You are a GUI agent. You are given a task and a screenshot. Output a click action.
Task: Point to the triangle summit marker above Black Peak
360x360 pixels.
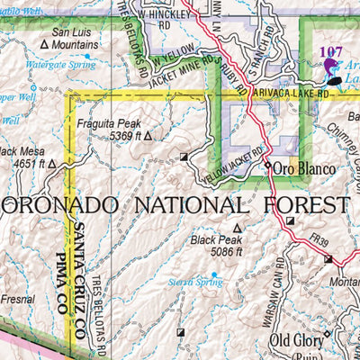pos(238,229)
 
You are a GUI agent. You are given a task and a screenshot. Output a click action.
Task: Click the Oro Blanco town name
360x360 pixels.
pos(305,168)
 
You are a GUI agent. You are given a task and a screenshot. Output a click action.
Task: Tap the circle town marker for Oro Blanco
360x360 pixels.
pos(268,166)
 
